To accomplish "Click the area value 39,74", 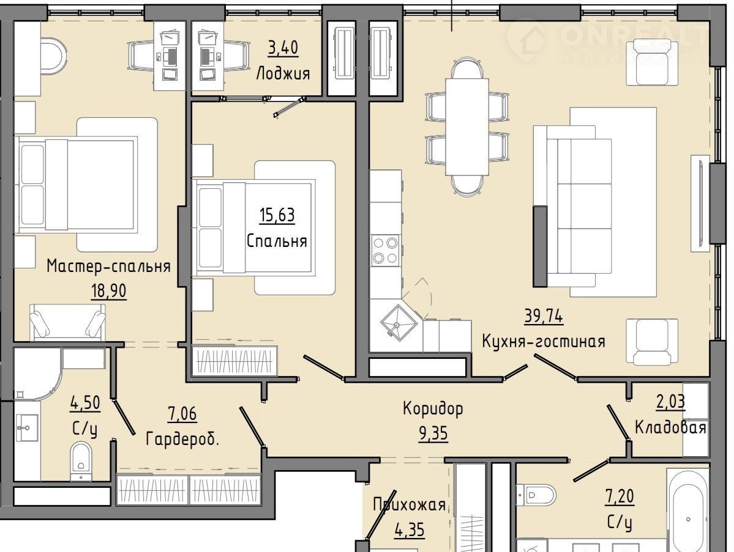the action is pos(544,317).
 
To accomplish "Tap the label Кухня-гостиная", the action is pos(544,341).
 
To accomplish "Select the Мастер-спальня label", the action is pos(108,266).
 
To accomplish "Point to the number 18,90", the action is pos(108,291).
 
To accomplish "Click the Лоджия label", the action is pos(283,73).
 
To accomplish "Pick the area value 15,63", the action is pos(277,215).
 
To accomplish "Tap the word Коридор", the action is pos(433,408).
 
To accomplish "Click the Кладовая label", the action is pos(670,427).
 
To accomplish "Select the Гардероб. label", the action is pos(182,439).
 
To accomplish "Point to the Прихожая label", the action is pos(409,505).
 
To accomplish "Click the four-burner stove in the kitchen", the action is pos(385,251).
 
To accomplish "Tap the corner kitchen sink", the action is pos(398,323).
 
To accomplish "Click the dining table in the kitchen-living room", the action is pos(466,126).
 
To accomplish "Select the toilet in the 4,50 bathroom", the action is pos(81,461).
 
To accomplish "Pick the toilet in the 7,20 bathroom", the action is pos(536,494).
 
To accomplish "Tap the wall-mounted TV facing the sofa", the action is pos(701,204).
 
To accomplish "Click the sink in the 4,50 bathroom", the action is pos(27,427).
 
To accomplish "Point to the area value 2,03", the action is pos(670,402).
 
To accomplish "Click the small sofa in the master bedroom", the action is pos(67,322).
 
